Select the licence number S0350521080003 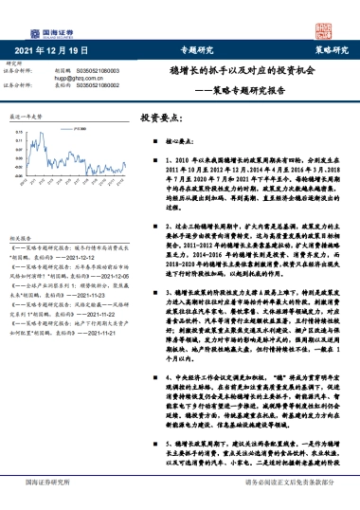coord(103,69)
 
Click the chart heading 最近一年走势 coord(28,116)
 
